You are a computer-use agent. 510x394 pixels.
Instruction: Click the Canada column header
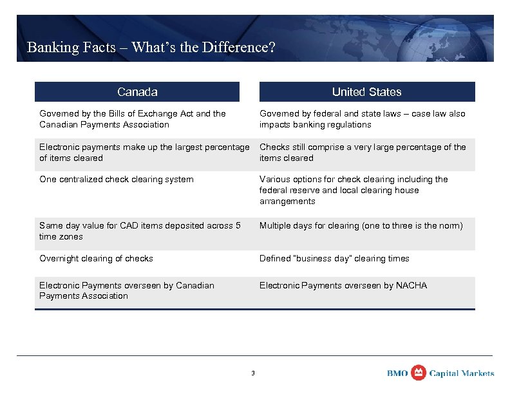coord(137,92)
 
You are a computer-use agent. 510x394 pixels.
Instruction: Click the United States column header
coord(366,92)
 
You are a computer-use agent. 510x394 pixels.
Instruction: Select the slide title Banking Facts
coord(151,48)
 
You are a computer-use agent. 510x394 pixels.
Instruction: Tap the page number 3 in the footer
coord(253,373)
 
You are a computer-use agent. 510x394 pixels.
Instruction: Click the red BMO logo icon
coord(419,373)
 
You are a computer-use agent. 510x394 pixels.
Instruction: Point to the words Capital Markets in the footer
coord(462,373)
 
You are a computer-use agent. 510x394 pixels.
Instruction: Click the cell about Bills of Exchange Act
coord(133,119)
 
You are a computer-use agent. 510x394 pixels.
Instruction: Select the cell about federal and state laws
coord(362,119)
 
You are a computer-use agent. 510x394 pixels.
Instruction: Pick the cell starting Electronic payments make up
coord(144,153)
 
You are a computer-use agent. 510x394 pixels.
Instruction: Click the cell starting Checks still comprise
coord(363,153)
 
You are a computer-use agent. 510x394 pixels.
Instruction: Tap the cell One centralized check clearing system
coord(117,180)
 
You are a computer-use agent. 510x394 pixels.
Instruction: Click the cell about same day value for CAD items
coord(140,231)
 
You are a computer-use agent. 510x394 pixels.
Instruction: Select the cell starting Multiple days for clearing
coord(361,226)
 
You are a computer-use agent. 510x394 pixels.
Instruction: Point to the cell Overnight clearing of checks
coord(96,259)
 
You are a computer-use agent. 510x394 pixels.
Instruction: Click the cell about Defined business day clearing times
coord(334,259)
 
